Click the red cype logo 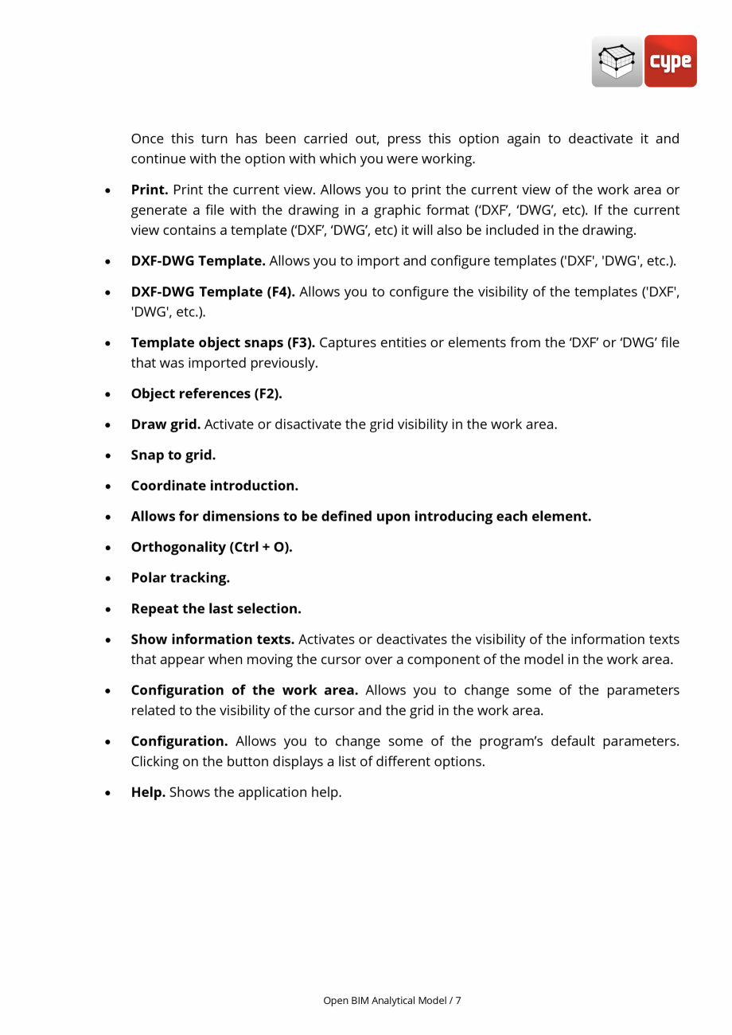[x=670, y=61]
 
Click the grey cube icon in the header [x=617, y=61]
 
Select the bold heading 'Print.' [x=150, y=189]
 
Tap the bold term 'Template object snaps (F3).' [x=223, y=342]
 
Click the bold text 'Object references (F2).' [x=206, y=393]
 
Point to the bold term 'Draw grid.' [x=165, y=424]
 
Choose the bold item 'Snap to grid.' [x=173, y=455]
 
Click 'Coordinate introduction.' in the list [x=214, y=486]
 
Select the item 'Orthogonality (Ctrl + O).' [x=212, y=547]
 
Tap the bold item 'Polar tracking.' [x=180, y=578]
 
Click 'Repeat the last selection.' [x=216, y=609]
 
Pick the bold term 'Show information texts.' [x=212, y=639]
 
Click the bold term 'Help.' [x=148, y=792]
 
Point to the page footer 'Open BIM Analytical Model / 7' [x=391, y=1000]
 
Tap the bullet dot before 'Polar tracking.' [x=107, y=579]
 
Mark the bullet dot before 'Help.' [x=107, y=793]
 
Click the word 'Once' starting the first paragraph [x=147, y=139]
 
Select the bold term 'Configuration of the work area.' [x=244, y=690]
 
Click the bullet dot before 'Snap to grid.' [x=107, y=456]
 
